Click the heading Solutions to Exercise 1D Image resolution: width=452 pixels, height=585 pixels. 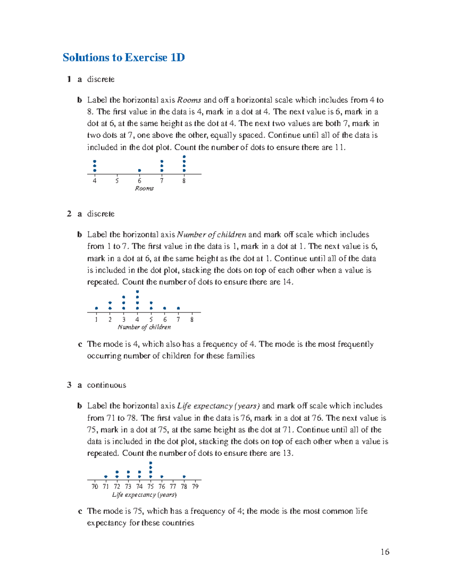coord(124,58)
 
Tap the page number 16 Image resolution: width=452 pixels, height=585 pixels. coord(385,552)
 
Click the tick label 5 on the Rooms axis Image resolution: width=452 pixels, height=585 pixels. coord(117,181)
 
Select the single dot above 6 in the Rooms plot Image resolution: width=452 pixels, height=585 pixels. coord(139,171)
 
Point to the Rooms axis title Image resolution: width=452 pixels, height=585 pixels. coord(144,188)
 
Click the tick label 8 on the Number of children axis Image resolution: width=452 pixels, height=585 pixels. coord(192,319)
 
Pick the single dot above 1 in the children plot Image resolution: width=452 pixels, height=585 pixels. coord(96,308)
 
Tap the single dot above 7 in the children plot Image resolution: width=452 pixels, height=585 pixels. coord(178,308)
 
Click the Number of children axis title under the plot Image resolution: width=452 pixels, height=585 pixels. coord(144,327)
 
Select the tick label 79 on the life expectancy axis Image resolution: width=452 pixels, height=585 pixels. coord(195,486)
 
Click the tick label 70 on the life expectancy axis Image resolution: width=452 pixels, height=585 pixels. coord(95,486)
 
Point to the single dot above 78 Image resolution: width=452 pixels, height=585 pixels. coord(184,477)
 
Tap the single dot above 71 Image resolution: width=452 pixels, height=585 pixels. coord(106,477)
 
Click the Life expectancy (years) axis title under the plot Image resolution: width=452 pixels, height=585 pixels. coord(144,495)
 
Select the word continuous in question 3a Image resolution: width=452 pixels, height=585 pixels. coord(107,385)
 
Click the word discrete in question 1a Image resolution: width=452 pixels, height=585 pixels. coord(101,79)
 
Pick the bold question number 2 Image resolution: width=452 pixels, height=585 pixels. coord(69,214)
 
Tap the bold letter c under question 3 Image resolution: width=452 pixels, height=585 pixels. coord(79,511)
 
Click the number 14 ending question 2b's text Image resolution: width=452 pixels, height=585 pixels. coord(287,282)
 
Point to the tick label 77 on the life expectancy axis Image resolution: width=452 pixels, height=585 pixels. coord(173,486)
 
